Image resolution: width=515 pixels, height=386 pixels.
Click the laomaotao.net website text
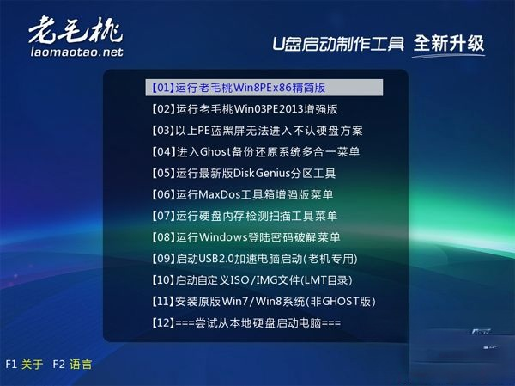click(x=76, y=52)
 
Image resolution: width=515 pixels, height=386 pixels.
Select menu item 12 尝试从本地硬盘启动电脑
click(x=245, y=322)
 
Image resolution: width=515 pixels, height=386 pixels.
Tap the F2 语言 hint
click(x=73, y=365)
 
